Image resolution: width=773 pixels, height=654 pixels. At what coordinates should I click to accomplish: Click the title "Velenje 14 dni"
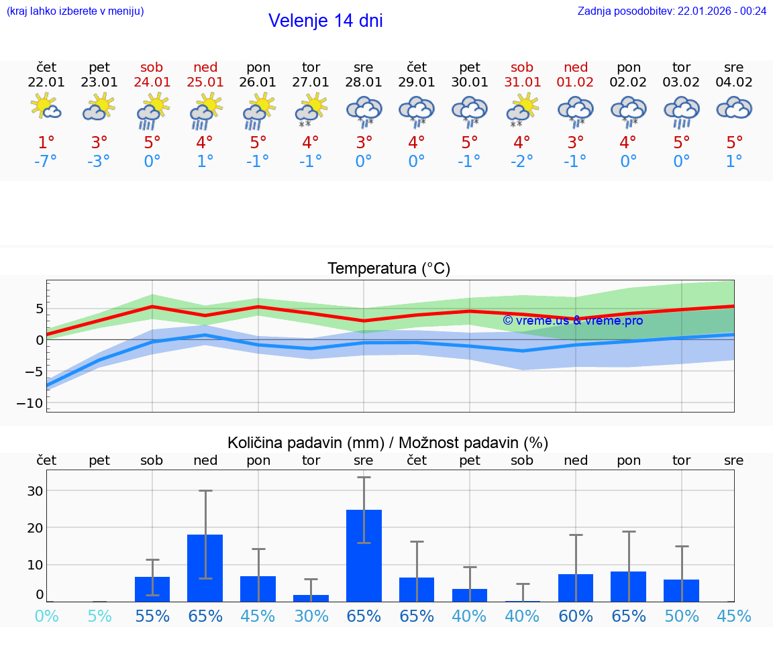325,21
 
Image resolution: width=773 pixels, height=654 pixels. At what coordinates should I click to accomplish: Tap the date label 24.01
152,83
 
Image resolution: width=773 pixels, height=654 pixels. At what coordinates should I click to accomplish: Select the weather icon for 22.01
46,107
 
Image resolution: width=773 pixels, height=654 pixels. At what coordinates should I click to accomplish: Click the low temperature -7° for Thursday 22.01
46,162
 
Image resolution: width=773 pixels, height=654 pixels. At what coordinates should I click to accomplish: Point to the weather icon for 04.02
734,107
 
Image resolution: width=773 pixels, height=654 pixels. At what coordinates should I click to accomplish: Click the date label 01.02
575,83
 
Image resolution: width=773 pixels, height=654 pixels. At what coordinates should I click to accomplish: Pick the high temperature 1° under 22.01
46,143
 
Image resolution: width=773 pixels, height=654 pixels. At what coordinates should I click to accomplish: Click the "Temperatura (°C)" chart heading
389,269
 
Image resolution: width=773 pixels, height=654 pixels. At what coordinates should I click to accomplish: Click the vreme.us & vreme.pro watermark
573,321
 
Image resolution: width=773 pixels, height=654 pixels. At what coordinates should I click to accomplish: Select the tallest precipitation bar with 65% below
364,555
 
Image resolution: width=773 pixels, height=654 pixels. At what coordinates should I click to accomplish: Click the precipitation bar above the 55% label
152,589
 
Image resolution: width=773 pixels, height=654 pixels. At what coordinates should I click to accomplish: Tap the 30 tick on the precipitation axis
35,491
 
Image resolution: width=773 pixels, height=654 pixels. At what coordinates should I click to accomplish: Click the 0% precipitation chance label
46,616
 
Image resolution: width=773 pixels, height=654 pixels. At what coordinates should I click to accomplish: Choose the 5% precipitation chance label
99,616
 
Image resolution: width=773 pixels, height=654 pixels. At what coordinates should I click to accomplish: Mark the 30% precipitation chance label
311,616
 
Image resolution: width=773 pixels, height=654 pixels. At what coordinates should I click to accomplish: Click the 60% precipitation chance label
575,616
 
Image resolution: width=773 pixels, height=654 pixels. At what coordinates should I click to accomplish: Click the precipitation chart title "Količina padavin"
305,443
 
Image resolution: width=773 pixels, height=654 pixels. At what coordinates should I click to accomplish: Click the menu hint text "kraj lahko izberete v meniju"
75,11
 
